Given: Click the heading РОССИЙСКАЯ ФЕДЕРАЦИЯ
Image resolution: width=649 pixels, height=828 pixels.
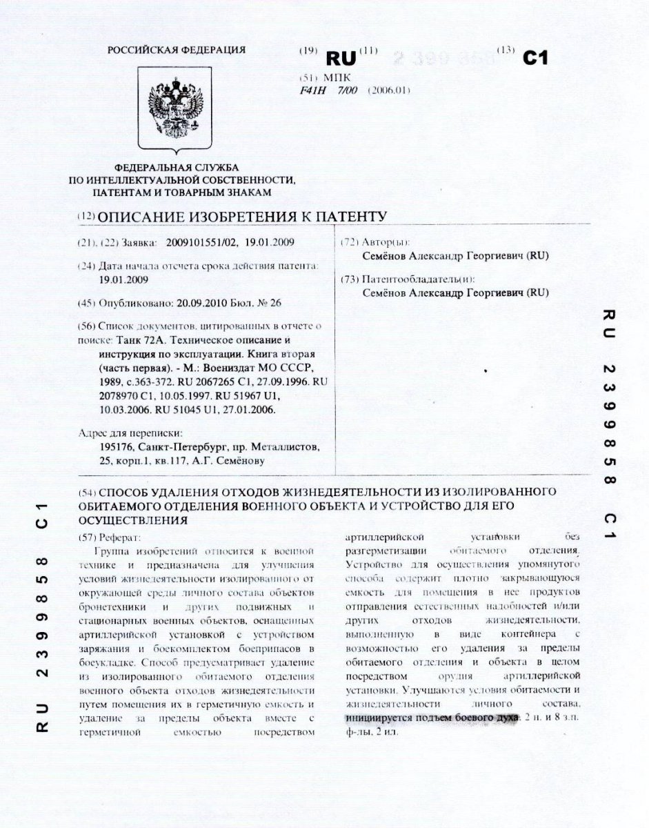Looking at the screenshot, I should [x=177, y=49].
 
